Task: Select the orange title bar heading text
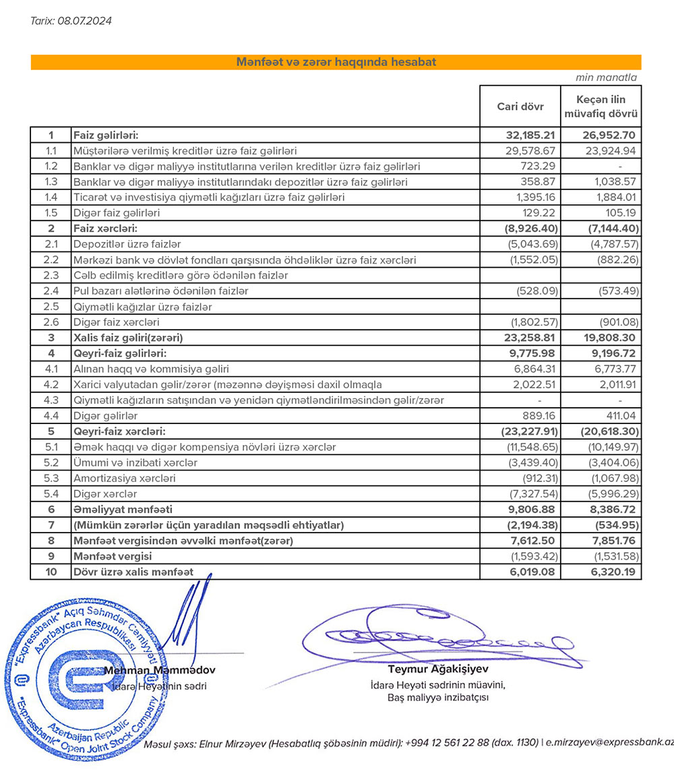point(336,62)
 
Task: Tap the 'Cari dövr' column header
point(519,106)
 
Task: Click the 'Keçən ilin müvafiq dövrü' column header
point(601,106)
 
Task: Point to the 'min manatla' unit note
point(605,78)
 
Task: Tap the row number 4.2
point(51,385)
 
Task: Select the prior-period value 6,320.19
point(609,572)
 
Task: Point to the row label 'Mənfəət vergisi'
point(112,557)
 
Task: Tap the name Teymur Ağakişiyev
point(438,669)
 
